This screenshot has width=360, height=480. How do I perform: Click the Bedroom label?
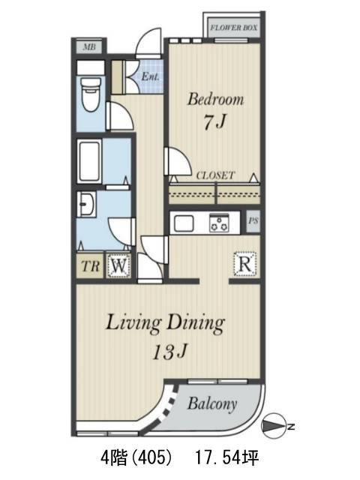[x=215, y=99]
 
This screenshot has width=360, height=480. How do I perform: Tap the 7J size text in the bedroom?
[x=215, y=122]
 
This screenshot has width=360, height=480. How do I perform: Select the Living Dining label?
[x=165, y=324]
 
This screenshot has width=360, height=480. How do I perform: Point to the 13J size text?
[x=170, y=352]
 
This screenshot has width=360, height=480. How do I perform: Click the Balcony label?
[x=212, y=404]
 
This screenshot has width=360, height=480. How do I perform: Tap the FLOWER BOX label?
[x=233, y=28]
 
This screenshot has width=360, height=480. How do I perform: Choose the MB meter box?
[x=89, y=47]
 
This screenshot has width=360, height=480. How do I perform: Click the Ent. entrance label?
[x=150, y=76]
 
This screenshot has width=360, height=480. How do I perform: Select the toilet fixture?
[x=91, y=94]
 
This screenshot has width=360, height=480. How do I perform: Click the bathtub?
[x=89, y=162]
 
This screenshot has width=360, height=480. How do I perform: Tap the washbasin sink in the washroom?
[x=86, y=204]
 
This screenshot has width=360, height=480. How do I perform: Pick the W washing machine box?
[x=119, y=265]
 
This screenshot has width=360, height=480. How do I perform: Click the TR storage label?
[x=91, y=266]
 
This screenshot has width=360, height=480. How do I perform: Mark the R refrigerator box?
[x=245, y=264]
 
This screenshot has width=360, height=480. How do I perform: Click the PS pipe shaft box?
[x=253, y=220]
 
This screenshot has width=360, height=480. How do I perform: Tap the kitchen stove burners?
[x=219, y=223]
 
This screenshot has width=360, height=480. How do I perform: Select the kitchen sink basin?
[x=184, y=223]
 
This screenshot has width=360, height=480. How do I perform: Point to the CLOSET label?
[x=215, y=175]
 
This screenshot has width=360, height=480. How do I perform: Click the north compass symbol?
[x=273, y=426]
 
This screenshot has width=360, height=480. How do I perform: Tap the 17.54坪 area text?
[x=227, y=458]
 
